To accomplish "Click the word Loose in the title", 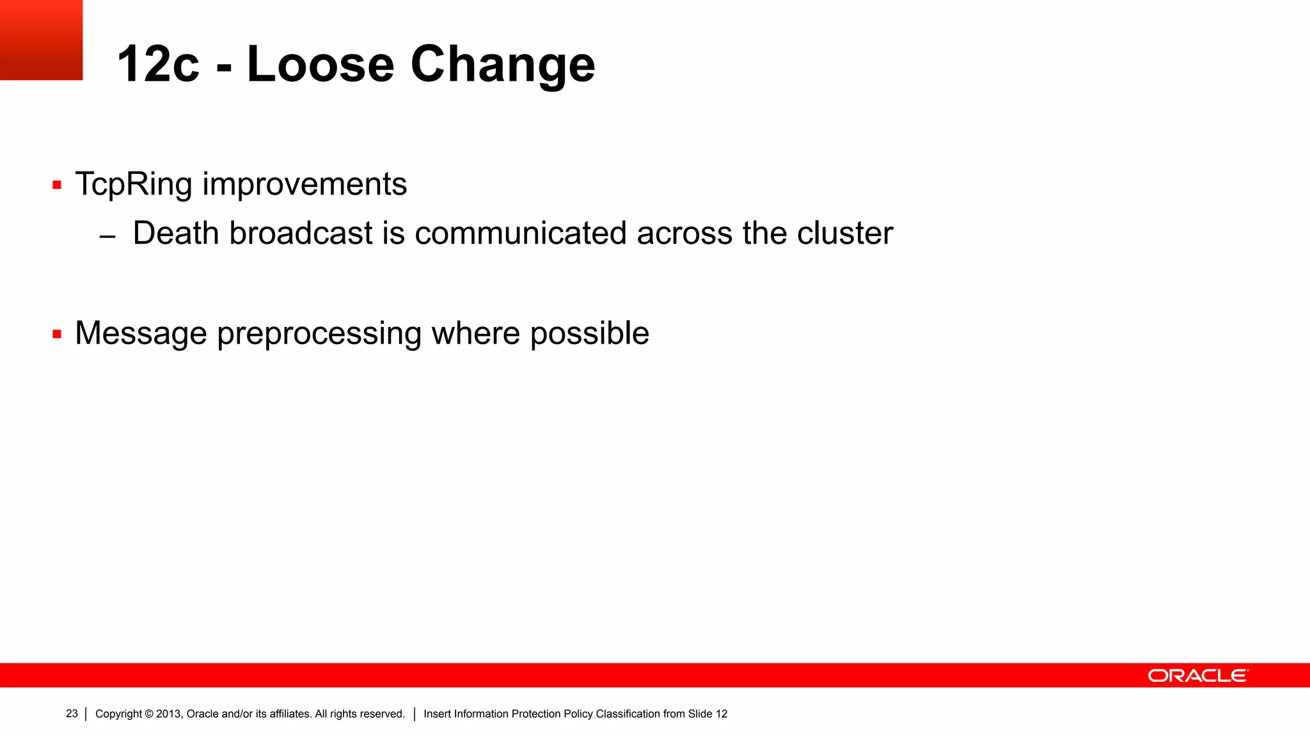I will [320, 64].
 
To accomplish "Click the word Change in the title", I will [503, 64].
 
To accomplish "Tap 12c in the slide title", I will [158, 64].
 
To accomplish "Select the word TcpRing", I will [133, 184].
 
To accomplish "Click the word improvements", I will [304, 184].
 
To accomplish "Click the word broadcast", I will [301, 233].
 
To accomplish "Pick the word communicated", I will [520, 233].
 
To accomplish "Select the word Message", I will [141, 333].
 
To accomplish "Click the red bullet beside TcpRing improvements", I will [57, 186].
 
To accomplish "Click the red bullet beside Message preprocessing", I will [57, 334].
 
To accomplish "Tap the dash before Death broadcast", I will [107, 237].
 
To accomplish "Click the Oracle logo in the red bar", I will [1197, 676].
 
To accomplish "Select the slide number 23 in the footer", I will [72, 714].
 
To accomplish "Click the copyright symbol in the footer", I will [149, 714].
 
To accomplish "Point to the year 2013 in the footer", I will [169, 714].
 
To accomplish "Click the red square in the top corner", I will [41, 40].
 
